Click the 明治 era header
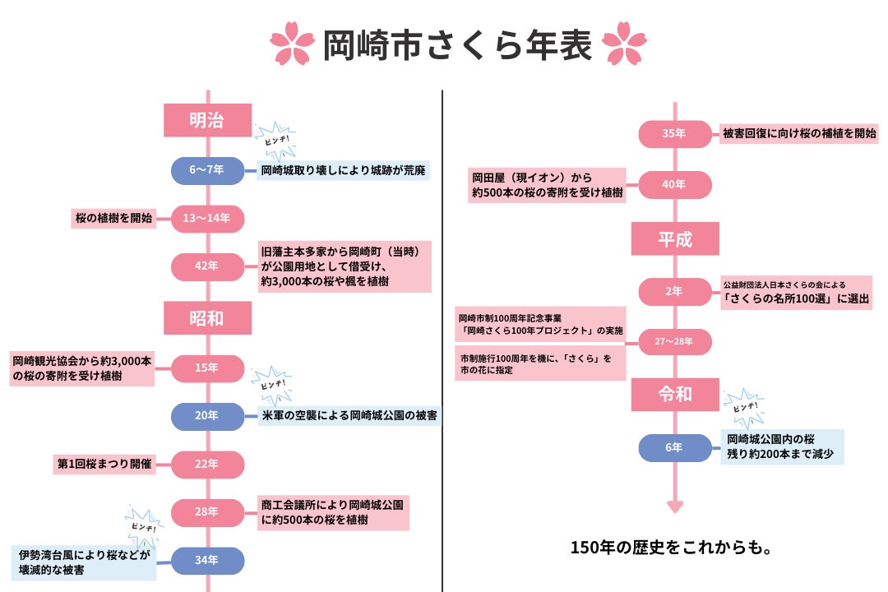(207, 120)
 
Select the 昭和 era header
(207, 318)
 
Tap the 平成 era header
(675, 239)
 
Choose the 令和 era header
(675, 394)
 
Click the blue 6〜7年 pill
(207, 170)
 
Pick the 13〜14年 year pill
(207, 219)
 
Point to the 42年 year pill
(207, 266)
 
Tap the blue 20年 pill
(207, 416)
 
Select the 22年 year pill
(207, 464)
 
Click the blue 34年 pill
(207, 561)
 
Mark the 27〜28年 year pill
(675, 340)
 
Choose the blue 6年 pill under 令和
(675, 447)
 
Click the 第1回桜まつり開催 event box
(103, 464)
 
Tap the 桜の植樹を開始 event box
(113, 219)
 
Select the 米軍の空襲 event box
(349, 416)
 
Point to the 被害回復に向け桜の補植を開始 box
(799, 133)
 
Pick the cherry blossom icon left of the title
(293, 47)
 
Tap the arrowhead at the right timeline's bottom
(675, 506)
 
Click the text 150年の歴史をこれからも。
(670, 547)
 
